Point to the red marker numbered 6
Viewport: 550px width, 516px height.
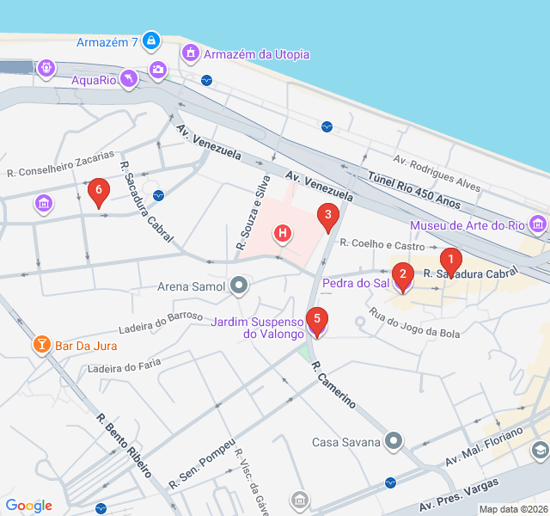tap(99, 192)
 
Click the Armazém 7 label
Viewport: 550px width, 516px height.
tap(107, 42)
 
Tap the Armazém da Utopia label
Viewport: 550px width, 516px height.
tap(255, 54)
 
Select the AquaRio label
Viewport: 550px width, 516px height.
tap(94, 80)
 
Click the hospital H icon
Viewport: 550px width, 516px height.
tap(282, 233)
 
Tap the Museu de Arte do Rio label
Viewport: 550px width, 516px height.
tap(467, 225)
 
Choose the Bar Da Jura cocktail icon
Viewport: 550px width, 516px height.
tap(40, 345)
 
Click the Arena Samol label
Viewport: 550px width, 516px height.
tap(192, 286)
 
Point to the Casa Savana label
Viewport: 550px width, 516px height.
tap(345, 442)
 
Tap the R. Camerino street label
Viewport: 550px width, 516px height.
tap(333, 384)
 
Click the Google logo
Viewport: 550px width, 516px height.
tap(28, 506)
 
